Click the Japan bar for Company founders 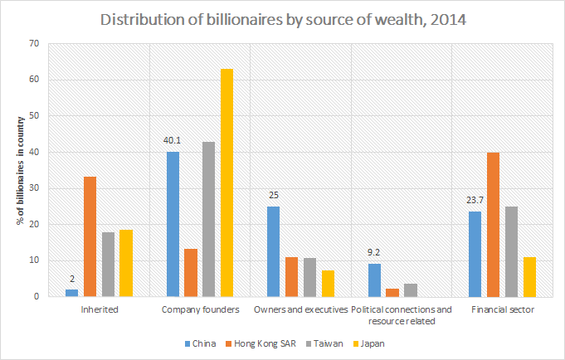226,182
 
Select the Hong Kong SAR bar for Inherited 90,236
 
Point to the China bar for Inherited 72,293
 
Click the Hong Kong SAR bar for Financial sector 494,224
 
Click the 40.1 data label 173,140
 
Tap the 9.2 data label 375,251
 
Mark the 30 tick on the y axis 33,188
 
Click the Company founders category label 200,309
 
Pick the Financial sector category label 502,309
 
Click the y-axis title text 13,169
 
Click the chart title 282,18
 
